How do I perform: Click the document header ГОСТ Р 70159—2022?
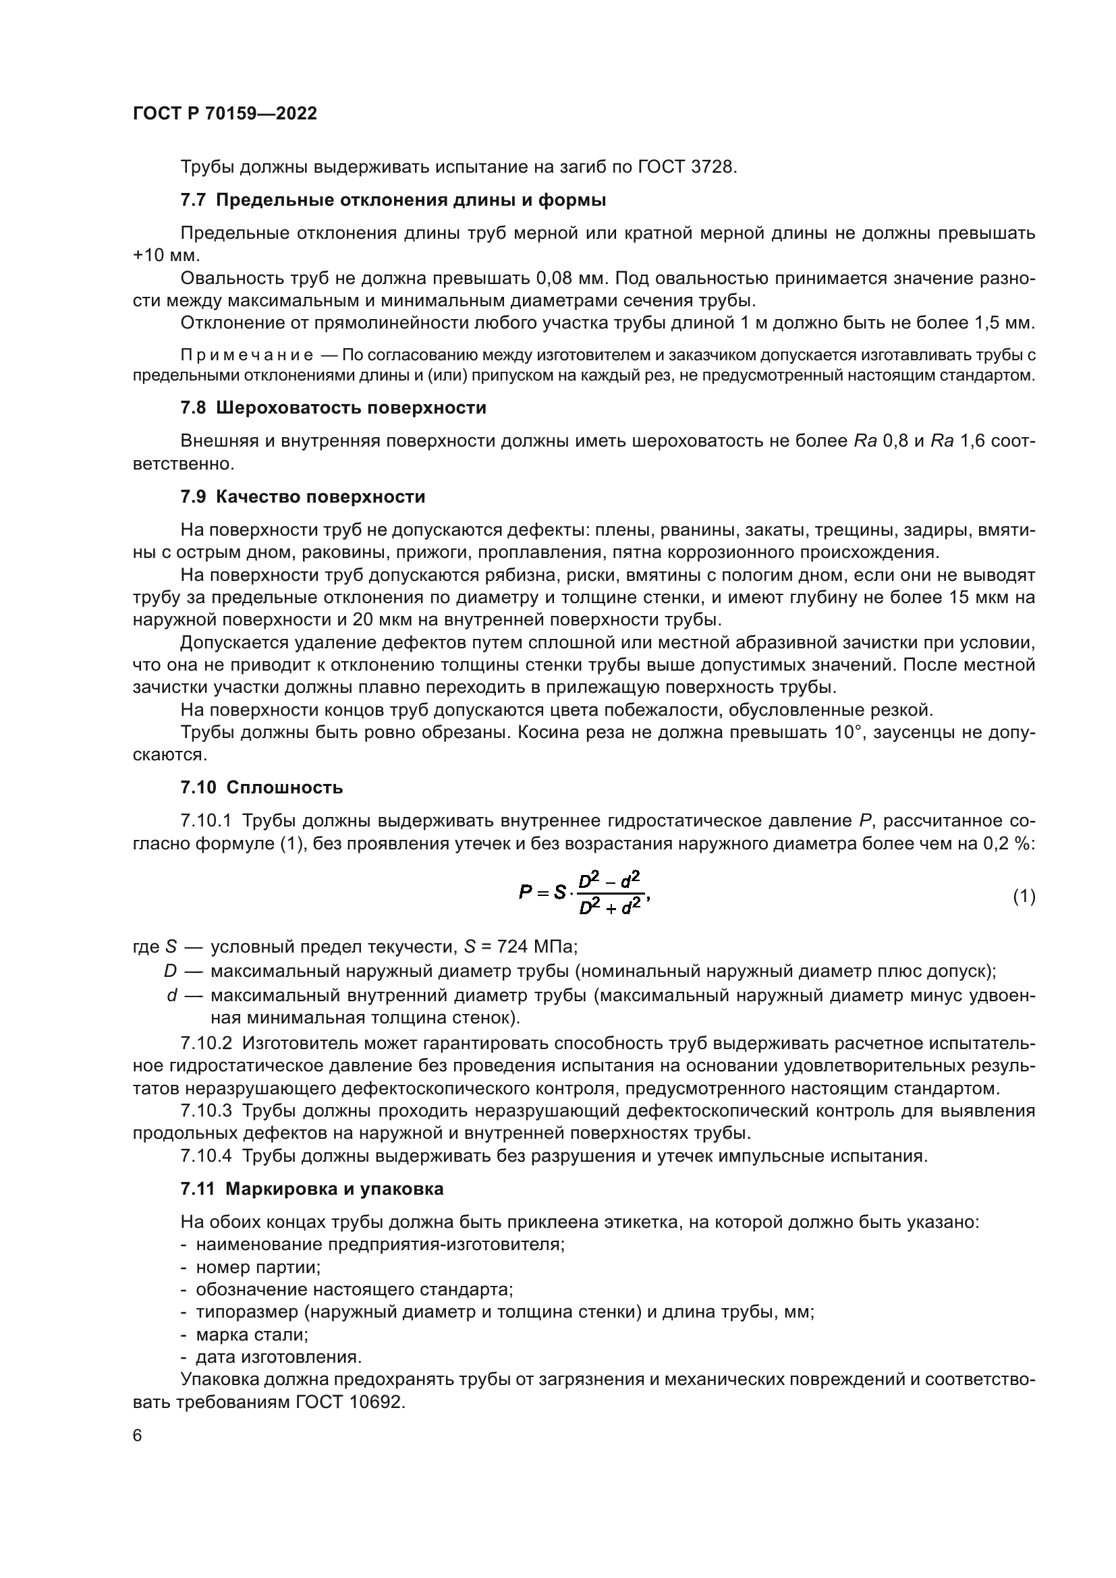(x=225, y=113)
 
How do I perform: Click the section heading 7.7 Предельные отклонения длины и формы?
(x=393, y=200)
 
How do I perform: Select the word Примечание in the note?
(x=247, y=356)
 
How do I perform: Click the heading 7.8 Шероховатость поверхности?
(x=333, y=407)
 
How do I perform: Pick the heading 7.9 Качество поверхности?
(x=302, y=497)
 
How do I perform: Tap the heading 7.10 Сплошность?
(x=262, y=787)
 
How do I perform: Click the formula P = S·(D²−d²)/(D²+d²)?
(x=584, y=893)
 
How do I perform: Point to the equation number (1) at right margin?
(x=1024, y=896)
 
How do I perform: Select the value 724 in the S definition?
(x=507, y=947)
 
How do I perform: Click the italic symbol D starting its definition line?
(x=170, y=970)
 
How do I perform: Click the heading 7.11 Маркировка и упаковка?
(x=312, y=1189)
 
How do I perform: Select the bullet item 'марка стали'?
(x=252, y=1334)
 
